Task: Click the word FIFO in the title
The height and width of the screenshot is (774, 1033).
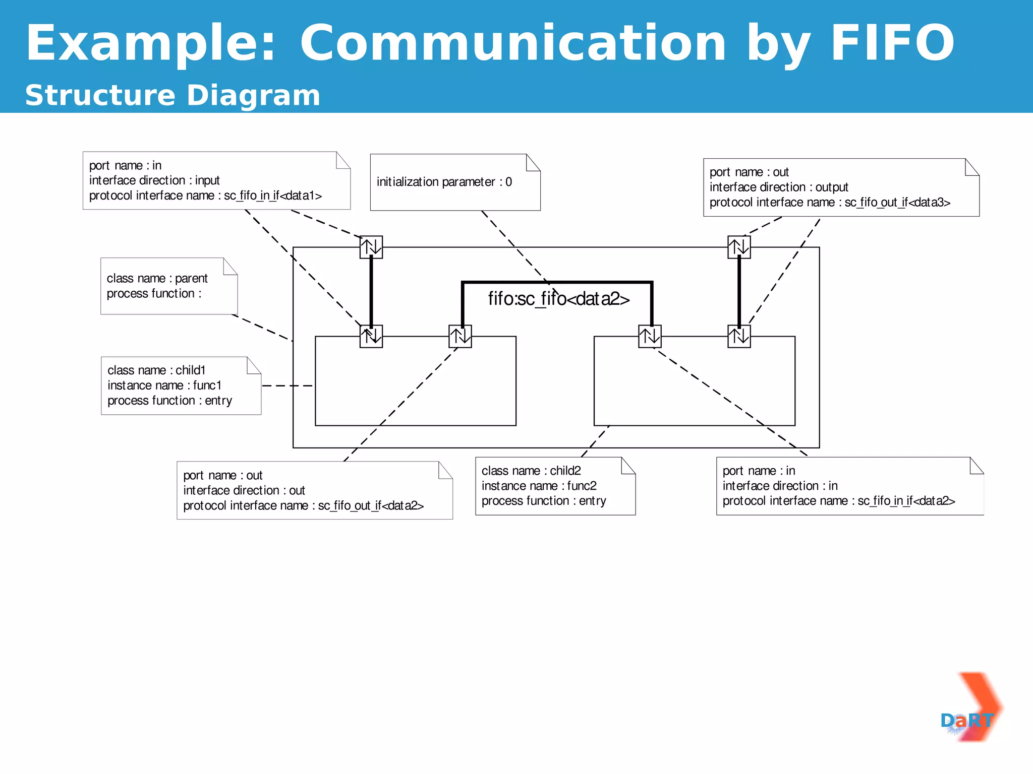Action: point(892,43)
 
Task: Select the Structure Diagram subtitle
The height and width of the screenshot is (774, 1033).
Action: point(173,95)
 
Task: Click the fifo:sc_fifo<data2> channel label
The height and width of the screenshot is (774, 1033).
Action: point(558,299)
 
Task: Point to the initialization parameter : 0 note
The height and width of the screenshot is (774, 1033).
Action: point(444,182)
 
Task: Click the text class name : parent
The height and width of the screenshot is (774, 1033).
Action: point(157,278)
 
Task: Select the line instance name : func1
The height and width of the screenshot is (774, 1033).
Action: point(164,385)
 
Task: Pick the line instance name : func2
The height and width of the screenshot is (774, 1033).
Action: point(539,486)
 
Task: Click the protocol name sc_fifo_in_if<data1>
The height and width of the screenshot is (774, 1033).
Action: point(272,196)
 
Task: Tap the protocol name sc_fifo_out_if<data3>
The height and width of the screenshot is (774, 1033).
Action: point(897,203)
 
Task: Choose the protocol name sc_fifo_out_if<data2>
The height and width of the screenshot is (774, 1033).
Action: point(371,505)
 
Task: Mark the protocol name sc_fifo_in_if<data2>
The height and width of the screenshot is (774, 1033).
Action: point(906,501)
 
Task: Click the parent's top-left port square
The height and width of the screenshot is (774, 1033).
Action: point(371,247)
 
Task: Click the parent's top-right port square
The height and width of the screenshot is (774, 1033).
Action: point(739,247)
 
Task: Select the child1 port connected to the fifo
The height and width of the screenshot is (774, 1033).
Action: point(460,336)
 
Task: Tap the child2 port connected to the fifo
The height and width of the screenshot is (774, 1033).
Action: point(650,336)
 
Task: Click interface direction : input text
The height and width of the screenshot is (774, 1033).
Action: point(154,180)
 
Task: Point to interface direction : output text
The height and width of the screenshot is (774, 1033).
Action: point(778,187)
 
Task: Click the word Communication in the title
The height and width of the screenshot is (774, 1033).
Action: point(513,43)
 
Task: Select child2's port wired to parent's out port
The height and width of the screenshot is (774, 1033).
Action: point(739,336)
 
